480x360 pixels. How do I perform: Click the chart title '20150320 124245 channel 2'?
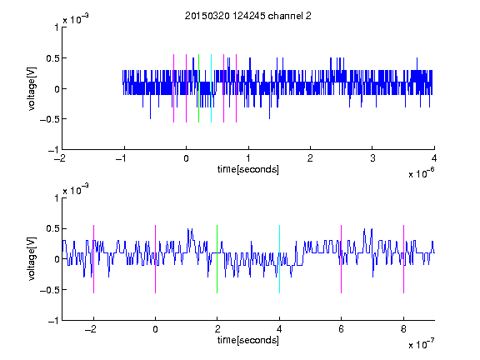pyautogui.click(x=248, y=16)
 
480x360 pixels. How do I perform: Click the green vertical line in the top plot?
pyautogui.click(x=198, y=88)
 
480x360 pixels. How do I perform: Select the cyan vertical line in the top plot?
pyautogui.click(x=211, y=88)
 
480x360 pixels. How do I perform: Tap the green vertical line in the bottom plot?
pyautogui.click(x=217, y=259)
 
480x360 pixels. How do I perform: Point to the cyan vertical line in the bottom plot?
pyautogui.click(x=279, y=259)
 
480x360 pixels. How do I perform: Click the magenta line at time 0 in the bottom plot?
pyautogui.click(x=155, y=259)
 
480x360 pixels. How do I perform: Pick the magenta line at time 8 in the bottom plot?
pyautogui.click(x=404, y=259)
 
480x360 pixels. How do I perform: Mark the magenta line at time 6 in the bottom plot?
pyautogui.click(x=342, y=259)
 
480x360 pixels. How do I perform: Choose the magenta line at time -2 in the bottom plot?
pyautogui.click(x=93, y=259)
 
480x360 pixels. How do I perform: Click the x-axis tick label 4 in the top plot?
pyautogui.click(x=434, y=158)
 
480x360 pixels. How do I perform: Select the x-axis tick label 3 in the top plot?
pyautogui.click(x=372, y=158)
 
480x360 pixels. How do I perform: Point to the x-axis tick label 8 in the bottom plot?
pyautogui.click(x=403, y=329)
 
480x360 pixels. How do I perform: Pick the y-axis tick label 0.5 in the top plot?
pyautogui.click(x=52, y=58)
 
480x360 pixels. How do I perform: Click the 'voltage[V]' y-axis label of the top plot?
pyautogui.click(x=32, y=88)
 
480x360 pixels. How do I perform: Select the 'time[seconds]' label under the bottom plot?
pyautogui.click(x=248, y=340)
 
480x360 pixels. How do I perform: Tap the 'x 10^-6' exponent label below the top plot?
pyautogui.click(x=421, y=172)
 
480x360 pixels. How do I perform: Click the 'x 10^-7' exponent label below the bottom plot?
pyautogui.click(x=421, y=343)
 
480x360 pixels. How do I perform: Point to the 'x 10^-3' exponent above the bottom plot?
pyautogui.click(x=76, y=189)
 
